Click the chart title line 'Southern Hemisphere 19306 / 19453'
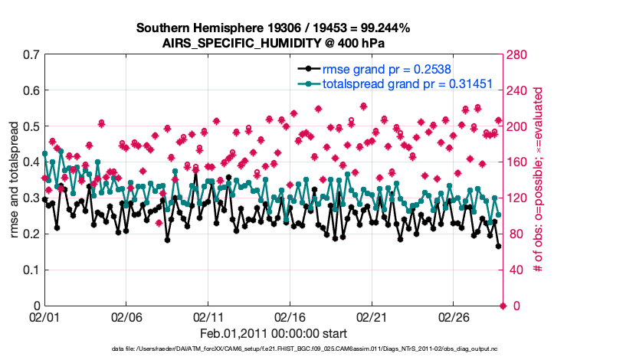pos(273,28)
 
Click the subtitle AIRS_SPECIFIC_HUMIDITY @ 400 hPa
pos(273,42)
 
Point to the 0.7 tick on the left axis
pos(31,55)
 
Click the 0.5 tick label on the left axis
pos(31,126)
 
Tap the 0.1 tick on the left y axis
pos(31,270)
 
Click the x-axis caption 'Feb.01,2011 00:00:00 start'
pos(273,333)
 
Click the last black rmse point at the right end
pos(498,246)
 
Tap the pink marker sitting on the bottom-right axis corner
pos(503,306)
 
